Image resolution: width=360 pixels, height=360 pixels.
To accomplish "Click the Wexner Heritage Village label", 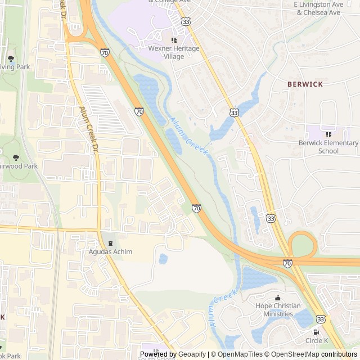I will [x=173, y=52].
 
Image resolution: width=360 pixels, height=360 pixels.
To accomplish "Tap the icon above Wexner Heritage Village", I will [x=174, y=40].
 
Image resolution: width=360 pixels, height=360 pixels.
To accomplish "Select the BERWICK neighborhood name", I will [x=305, y=84].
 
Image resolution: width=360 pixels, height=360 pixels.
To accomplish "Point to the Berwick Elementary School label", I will [x=328, y=147].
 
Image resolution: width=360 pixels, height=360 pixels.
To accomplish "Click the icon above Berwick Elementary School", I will [x=328, y=134].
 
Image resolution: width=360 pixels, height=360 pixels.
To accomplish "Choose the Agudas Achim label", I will [x=110, y=251].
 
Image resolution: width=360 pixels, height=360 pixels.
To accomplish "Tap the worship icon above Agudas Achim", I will [x=110, y=242].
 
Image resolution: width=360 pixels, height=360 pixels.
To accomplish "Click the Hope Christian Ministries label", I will [x=278, y=310].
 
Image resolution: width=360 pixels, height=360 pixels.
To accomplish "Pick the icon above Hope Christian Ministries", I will [x=277, y=298].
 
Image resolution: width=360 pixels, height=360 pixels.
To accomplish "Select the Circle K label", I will [x=316, y=341].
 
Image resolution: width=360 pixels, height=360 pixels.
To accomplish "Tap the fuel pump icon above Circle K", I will [x=316, y=332].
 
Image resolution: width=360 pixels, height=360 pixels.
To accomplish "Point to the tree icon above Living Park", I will [x=11, y=58].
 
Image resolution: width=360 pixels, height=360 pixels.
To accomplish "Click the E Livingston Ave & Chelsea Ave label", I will [x=318, y=8].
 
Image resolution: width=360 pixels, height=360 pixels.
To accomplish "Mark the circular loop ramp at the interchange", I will [x=303, y=245].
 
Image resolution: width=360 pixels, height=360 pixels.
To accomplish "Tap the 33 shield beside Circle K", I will [x=321, y=318].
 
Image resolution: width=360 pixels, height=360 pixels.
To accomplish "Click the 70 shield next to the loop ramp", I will [x=287, y=263].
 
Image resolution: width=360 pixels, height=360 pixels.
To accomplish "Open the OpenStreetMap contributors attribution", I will [x=321, y=354].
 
